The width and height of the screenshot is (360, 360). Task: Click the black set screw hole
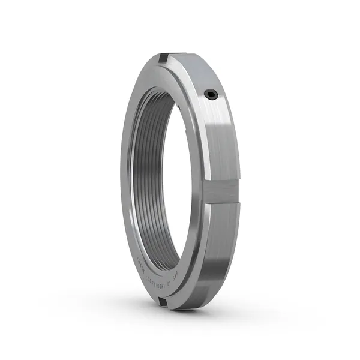[211, 94]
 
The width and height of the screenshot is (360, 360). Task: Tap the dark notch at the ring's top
[163, 58]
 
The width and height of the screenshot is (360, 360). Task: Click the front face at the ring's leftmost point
[124, 180]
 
